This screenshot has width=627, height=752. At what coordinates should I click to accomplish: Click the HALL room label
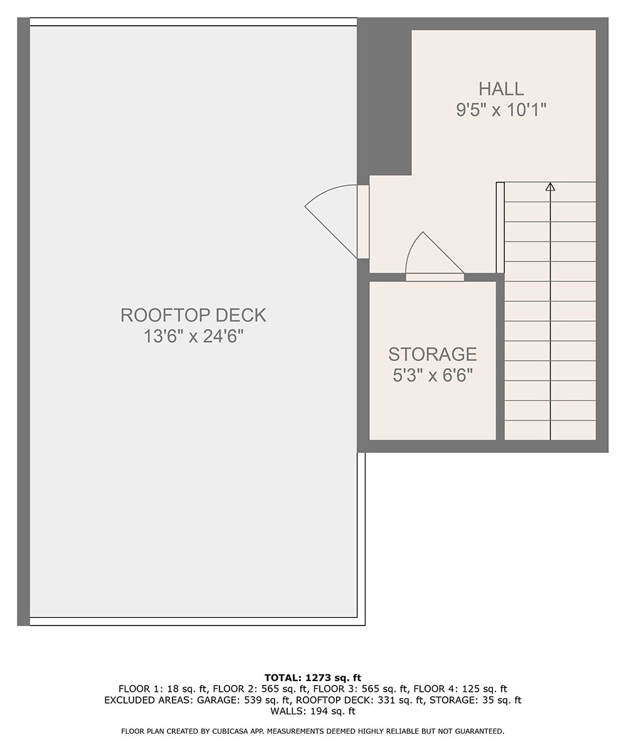click(x=501, y=89)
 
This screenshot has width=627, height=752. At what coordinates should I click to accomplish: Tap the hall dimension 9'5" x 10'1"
click(x=501, y=110)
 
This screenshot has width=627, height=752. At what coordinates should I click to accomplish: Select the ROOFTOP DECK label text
click(x=193, y=315)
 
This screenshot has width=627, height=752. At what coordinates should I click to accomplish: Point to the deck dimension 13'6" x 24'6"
click(x=194, y=337)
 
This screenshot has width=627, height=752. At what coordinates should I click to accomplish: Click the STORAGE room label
click(x=433, y=355)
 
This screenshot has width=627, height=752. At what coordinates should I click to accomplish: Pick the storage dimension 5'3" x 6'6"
click(x=433, y=375)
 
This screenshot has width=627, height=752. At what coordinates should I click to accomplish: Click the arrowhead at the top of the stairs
click(x=550, y=187)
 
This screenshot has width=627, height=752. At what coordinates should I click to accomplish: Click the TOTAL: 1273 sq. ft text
click(x=313, y=678)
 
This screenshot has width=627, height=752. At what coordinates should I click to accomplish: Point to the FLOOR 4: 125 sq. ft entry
click(x=460, y=689)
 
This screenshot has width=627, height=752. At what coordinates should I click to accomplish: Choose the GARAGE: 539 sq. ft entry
click(x=241, y=700)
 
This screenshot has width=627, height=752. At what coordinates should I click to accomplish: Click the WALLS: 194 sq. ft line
click(x=313, y=711)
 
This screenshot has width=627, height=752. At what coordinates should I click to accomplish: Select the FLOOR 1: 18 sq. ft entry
click(x=163, y=689)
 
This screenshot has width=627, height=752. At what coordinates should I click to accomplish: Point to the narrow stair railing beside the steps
click(x=500, y=227)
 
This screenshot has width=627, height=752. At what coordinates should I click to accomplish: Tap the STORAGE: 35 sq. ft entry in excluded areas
click(x=475, y=700)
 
